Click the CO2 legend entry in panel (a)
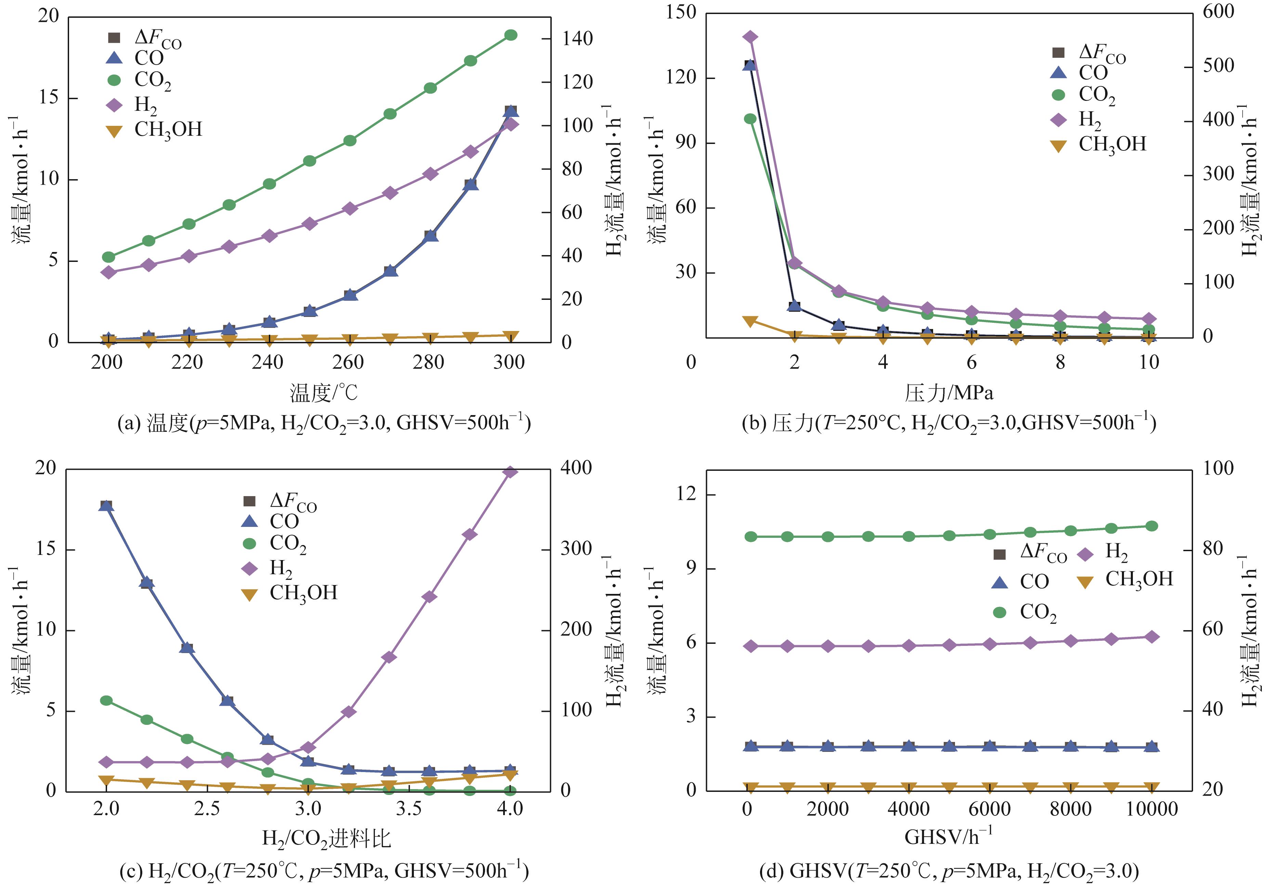[152, 81]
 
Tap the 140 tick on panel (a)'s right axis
[578, 39]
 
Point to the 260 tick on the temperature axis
[348, 362]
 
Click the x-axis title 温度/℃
[324, 393]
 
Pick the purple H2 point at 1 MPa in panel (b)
[750, 37]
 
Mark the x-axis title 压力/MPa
[949, 393]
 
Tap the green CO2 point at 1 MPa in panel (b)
[750, 119]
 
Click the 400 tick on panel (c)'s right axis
[576, 468]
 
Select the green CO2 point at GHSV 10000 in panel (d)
[1152, 526]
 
